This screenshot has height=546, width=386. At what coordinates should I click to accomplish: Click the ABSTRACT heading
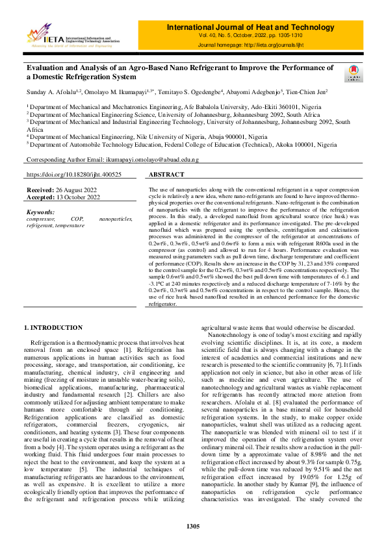(x=166, y=175)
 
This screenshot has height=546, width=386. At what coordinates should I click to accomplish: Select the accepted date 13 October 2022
(x=77, y=197)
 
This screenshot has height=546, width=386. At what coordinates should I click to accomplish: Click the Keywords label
(x=41, y=212)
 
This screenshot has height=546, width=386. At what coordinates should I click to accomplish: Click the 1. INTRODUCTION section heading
(x=53, y=328)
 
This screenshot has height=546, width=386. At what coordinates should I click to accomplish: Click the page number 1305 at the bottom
(x=193, y=526)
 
